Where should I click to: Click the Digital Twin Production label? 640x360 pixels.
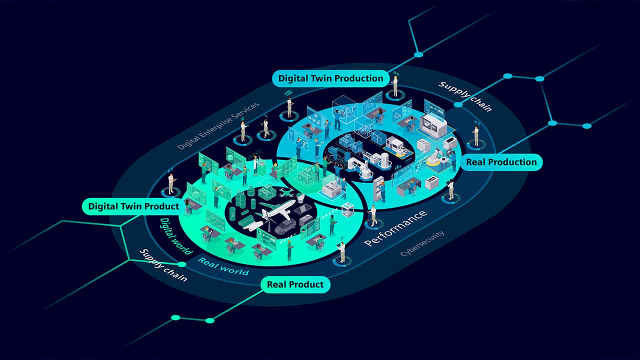coord(330,78)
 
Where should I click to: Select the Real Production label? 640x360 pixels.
coord(501,162)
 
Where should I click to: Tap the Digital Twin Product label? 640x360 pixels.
coord(133,206)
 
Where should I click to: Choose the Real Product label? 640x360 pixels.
coord(295,284)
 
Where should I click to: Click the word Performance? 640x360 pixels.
coord(396,228)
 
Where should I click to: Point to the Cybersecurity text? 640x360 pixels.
coord(422,243)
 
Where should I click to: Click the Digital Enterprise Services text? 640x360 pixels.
coord(218,125)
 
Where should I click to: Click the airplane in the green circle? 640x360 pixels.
coord(275,209)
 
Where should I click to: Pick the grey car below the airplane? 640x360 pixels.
coord(285,227)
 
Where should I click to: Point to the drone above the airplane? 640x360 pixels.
coord(286,192)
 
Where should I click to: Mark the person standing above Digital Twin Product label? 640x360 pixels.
coord(171,183)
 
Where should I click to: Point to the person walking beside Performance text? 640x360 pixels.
coord(373,215)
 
